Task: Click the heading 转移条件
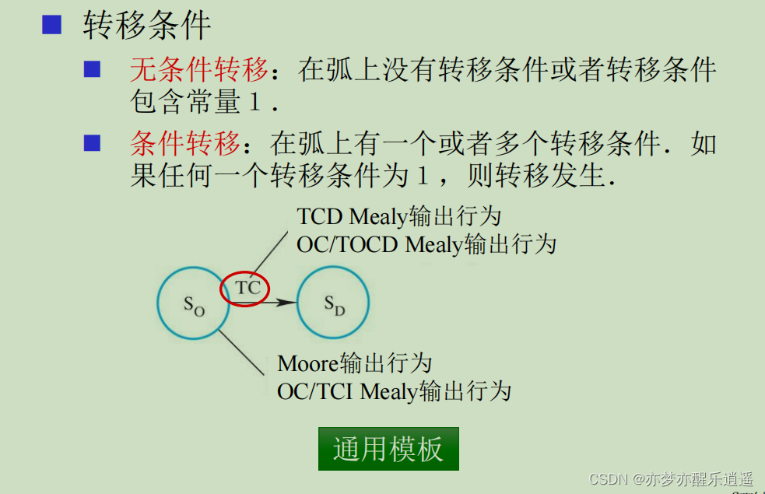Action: point(147,25)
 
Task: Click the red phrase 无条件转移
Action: point(198,72)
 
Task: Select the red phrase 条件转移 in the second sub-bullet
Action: point(184,145)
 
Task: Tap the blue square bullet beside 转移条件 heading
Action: point(51,24)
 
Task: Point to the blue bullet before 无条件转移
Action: point(93,70)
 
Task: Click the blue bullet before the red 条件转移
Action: point(93,143)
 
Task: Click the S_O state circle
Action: point(193,303)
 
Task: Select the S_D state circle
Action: point(333,303)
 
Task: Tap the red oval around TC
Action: point(244,288)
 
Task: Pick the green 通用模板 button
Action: point(388,449)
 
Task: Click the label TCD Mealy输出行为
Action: point(399,216)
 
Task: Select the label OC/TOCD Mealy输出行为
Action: point(426,244)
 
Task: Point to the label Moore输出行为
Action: point(354,363)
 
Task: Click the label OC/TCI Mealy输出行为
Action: point(394,391)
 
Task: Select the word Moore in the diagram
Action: point(308,363)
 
